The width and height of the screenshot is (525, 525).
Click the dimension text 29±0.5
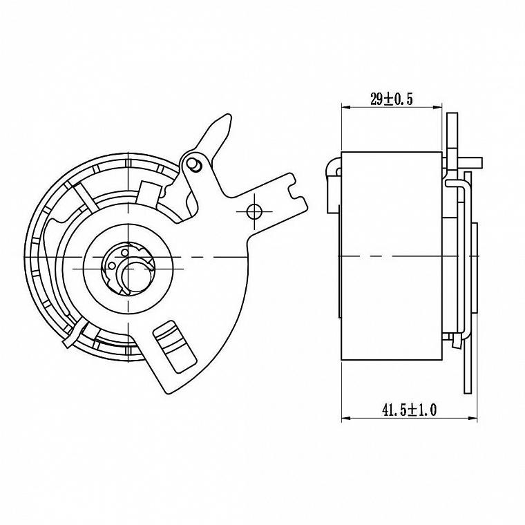point(392,99)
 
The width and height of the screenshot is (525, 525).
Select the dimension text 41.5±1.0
point(409,410)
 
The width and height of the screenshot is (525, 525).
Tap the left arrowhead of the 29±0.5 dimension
point(345,108)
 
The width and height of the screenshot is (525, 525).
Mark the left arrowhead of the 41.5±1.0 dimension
point(345,418)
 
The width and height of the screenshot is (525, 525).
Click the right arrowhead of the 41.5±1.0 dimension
point(472,418)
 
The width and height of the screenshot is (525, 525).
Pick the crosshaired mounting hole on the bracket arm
point(254,211)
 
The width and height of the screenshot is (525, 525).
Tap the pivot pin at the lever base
point(194,164)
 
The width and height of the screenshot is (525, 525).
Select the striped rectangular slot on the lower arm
point(175,346)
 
